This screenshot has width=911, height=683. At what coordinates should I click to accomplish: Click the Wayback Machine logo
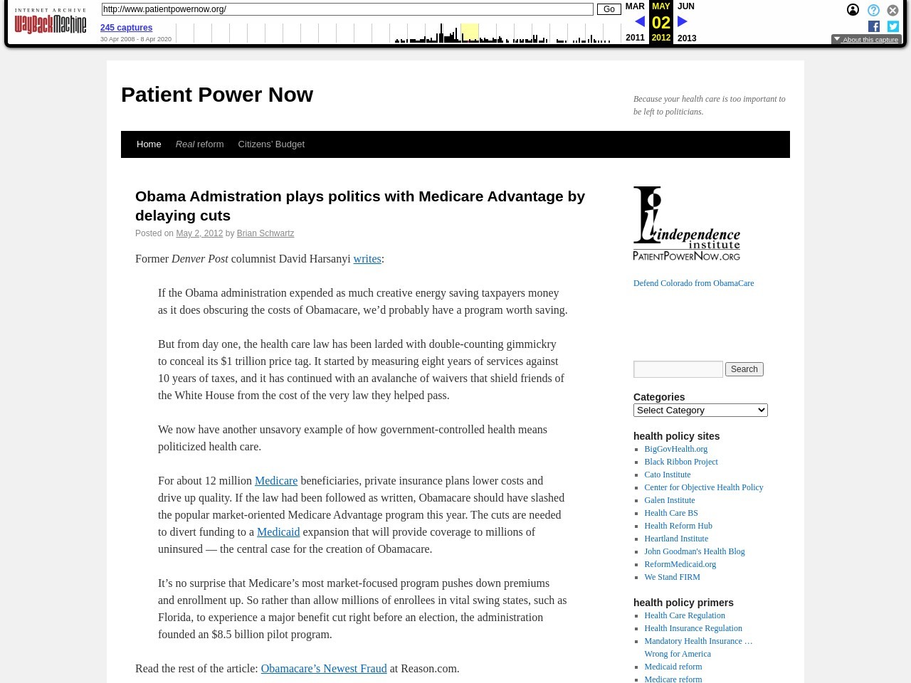tap(50, 21)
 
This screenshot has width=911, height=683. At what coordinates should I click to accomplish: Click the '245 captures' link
tap(126, 28)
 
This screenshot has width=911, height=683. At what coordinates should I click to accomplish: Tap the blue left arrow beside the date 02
tap(639, 22)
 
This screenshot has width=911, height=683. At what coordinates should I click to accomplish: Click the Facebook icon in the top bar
tap(874, 26)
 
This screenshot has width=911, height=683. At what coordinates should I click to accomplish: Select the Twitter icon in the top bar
tap(893, 26)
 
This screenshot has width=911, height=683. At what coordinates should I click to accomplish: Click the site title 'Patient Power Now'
tap(217, 95)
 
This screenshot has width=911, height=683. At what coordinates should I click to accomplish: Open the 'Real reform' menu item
tap(199, 144)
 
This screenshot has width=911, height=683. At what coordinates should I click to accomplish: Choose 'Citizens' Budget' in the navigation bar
tap(271, 144)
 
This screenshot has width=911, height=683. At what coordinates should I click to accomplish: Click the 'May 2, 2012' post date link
tap(199, 233)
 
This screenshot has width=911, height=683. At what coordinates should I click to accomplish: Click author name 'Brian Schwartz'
tap(265, 233)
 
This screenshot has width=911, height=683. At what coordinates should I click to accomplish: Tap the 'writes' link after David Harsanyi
tap(367, 259)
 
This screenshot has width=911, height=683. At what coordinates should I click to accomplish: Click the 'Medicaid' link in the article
tap(278, 532)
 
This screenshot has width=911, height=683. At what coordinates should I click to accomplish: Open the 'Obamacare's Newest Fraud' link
tap(324, 669)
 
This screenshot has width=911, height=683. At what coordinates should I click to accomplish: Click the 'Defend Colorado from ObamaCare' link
tap(693, 283)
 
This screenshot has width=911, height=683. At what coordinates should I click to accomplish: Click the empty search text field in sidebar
tap(678, 369)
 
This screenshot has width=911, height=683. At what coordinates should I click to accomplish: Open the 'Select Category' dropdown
tap(700, 411)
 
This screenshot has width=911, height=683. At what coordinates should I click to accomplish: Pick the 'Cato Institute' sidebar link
tap(667, 475)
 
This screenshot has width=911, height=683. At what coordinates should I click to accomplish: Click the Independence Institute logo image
tap(687, 224)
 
